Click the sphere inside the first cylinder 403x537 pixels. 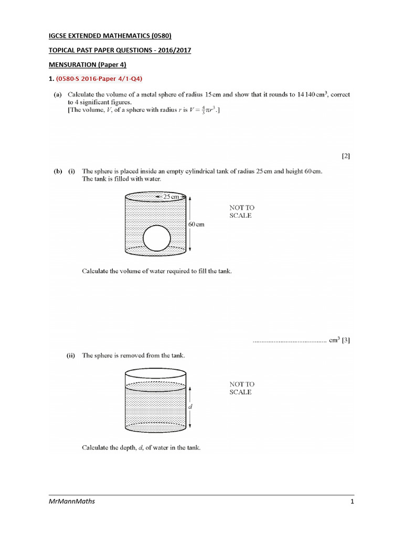click(x=157, y=239)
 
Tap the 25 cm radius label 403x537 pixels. click(x=172, y=197)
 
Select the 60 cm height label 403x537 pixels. click(x=196, y=224)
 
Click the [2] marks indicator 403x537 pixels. click(x=346, y=156)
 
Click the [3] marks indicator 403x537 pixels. click(x=346, y=340)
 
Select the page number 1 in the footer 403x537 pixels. click(x=353, y=502)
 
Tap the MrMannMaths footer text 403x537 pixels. click(x=71, y=502)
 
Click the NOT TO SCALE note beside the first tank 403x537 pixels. click(x=241, y=212)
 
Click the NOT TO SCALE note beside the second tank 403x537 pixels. click(x=241, y=388)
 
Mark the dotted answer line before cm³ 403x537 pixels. click(x=289, y=341)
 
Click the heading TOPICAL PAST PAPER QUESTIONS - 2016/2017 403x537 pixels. click(x=117, y=50)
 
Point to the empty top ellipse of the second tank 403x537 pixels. click(x=156, y=374)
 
